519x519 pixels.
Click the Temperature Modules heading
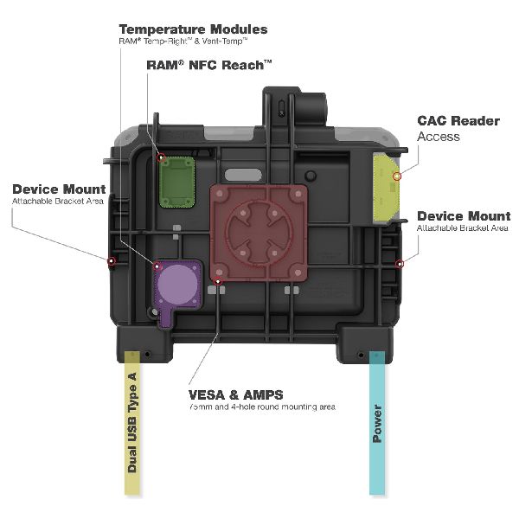(192, 29)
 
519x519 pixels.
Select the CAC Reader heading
(458, 121)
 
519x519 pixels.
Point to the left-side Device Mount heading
(59, 189)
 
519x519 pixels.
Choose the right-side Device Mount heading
(463, 215)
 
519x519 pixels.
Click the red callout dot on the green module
(162, 157)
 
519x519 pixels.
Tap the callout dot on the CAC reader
(396, 176)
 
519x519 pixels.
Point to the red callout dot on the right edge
(399, 261)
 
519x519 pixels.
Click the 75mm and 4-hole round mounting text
(261, 406)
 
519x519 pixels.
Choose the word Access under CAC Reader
(439, 137)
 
